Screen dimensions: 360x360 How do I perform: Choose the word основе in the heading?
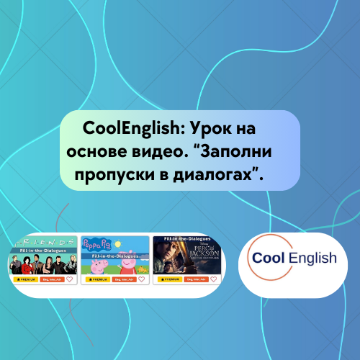[109, 153]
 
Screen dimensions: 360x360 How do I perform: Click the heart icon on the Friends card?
[69, 279]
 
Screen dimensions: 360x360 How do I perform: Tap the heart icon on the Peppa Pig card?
[142, 279]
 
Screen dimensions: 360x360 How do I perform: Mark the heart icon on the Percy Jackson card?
[214, 279]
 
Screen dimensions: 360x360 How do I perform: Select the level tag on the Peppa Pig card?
[123, 279]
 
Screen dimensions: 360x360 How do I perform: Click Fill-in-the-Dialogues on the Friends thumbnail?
[43, 251]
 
